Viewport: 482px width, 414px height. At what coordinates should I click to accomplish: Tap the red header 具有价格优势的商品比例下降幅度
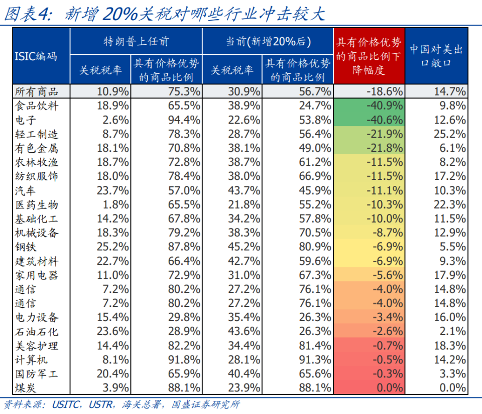coord(369,56)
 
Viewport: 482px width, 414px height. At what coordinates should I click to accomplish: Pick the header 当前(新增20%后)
coord(268,41)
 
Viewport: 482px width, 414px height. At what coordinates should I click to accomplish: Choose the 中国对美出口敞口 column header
coord(436,56)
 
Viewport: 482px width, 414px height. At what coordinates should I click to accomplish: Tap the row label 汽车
coord(25,190)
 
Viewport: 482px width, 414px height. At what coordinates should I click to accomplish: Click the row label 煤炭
coord(25,387)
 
